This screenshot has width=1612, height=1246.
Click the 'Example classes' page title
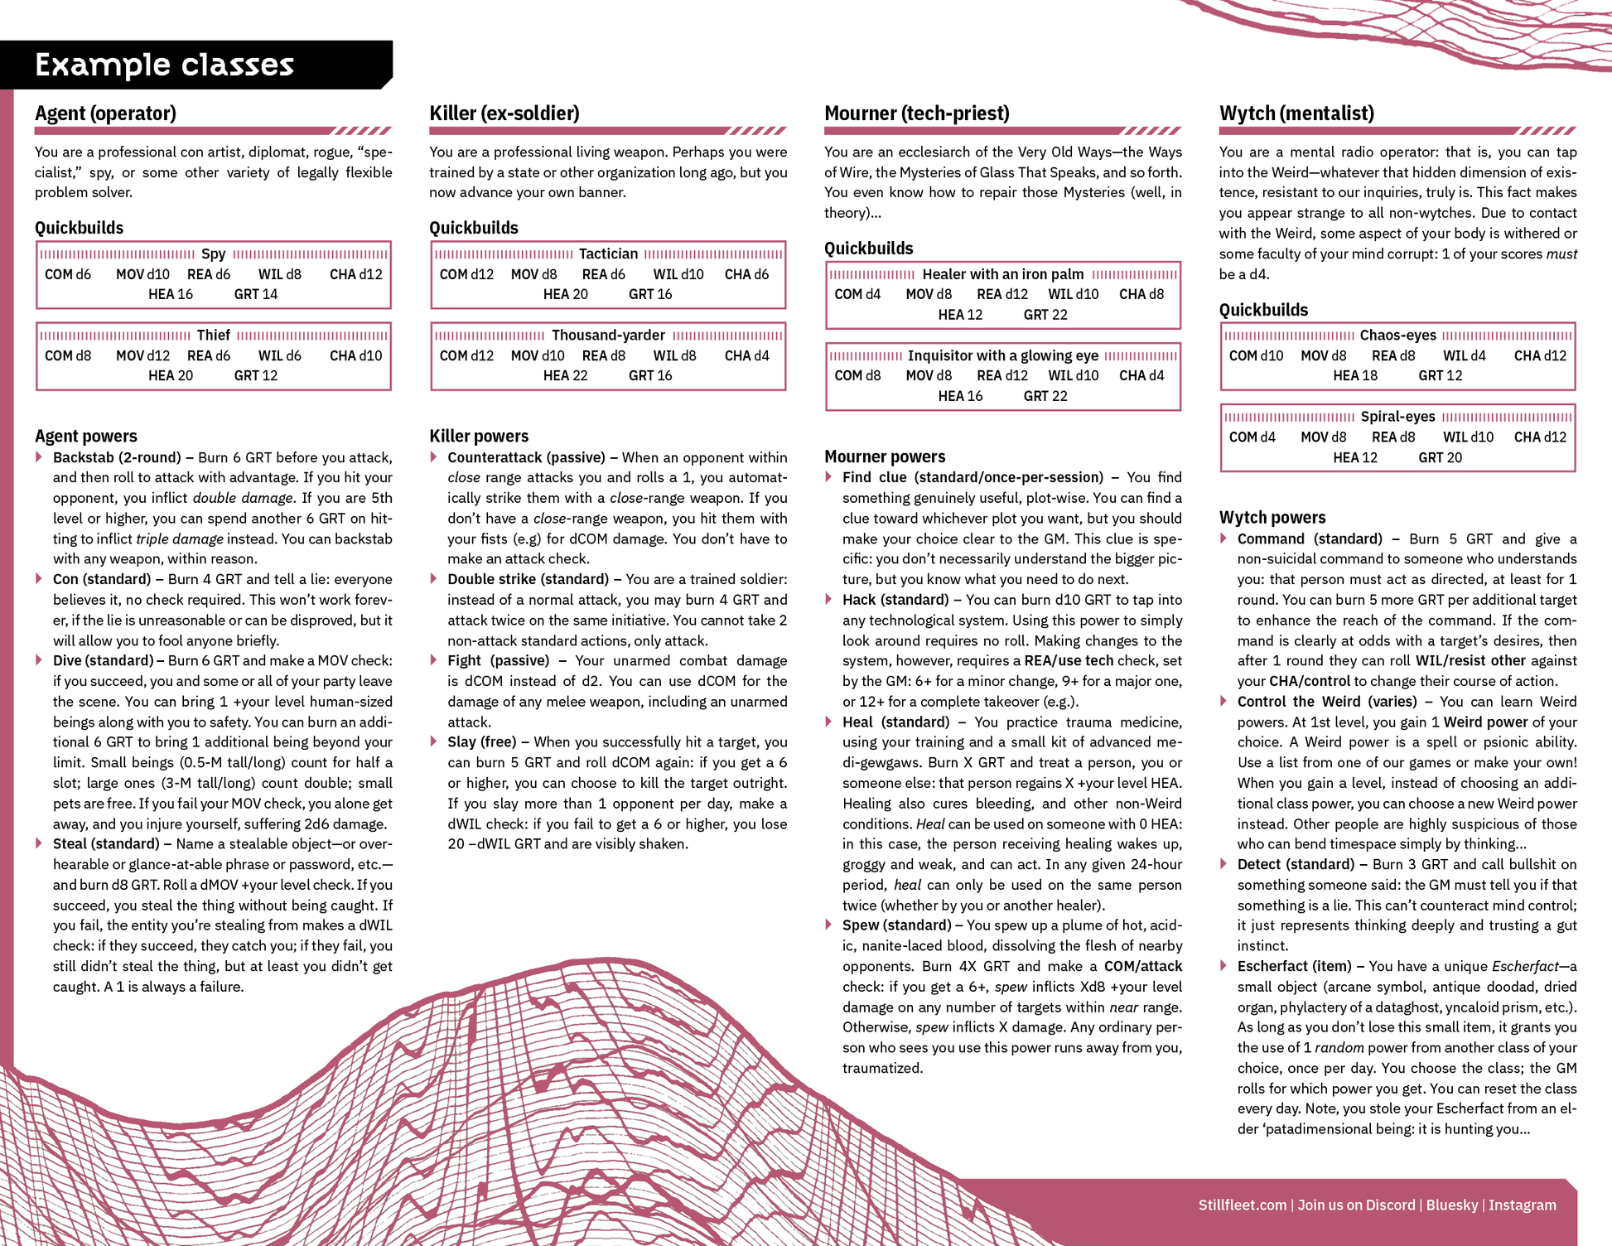point(164,65)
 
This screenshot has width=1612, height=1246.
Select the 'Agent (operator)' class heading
point(105,113)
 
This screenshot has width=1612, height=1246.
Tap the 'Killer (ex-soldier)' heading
point(504,113)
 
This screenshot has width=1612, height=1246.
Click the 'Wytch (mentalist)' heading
point(1296,113)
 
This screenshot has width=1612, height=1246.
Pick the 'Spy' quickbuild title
point(213,254)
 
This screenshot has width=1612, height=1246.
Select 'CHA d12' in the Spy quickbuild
point(355,274)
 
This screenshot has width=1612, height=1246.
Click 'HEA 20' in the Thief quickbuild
point(171,375)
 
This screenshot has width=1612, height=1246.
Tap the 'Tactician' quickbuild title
point(608,254)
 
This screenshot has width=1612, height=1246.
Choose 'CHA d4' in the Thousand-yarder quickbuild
point(746,355)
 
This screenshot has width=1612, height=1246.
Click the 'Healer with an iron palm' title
point(1002,274)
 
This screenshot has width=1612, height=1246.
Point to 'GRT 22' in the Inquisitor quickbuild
point(1045,396)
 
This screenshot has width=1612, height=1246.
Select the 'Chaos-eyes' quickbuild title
point(1397,335)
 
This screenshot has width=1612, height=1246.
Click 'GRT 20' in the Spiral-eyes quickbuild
point(1440,457)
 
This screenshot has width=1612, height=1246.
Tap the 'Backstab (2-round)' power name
point(116,457)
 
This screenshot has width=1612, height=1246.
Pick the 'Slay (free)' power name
point(481,741)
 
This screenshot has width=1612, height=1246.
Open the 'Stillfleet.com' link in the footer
point(1242,1205)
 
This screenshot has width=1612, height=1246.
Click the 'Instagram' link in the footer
point(1522,1205)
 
